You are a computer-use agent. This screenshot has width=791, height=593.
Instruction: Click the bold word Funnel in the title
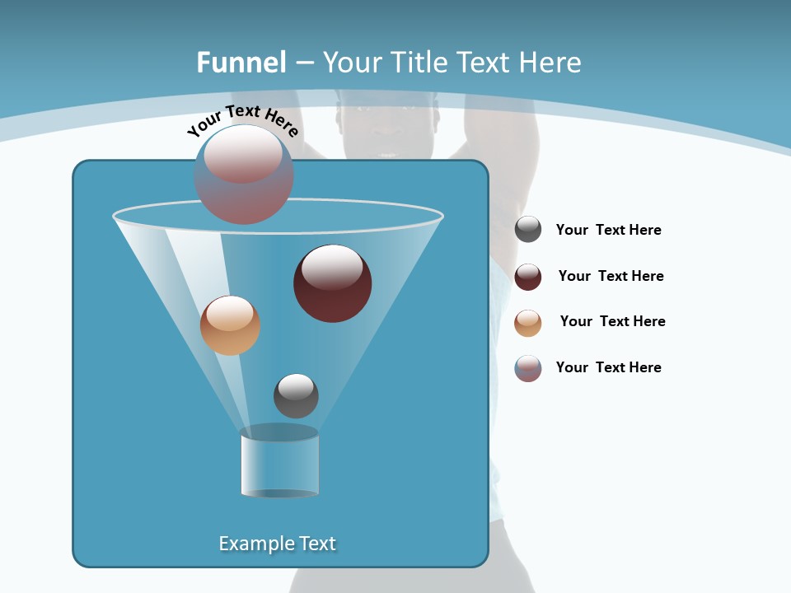[x=241, y=63]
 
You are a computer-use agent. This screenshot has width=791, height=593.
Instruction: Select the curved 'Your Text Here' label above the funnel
[x=243, y=120]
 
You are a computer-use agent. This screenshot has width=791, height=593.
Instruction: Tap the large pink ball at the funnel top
[x=244, y=175]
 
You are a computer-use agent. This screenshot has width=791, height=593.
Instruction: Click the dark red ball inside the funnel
[x=332, y=283]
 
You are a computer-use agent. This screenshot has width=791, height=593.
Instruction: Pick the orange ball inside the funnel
[x=230, y=325]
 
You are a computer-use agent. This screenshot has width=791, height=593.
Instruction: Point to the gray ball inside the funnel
[x=296, y=395]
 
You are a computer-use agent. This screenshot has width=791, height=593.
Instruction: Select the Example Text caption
[x=277, y=544]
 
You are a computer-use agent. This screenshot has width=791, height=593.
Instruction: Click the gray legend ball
[x=528, y=230]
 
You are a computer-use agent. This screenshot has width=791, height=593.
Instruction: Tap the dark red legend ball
[x=528, y=277]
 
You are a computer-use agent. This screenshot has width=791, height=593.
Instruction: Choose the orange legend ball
[x=528, y=323]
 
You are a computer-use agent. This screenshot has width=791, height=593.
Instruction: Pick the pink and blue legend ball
[x=528, y=368]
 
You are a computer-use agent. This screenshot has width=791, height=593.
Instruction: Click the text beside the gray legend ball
[x=608, y=231]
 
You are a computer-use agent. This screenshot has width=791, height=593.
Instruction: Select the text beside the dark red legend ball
[x=611, y=276]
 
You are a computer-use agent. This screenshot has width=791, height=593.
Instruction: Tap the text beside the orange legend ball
[x=612, y=321]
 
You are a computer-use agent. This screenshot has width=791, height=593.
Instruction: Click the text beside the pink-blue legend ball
[x=608, y=367]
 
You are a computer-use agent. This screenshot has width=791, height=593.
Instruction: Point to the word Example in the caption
[x=254, y=544]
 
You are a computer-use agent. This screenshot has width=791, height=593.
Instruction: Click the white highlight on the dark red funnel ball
[x=332, y=267]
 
